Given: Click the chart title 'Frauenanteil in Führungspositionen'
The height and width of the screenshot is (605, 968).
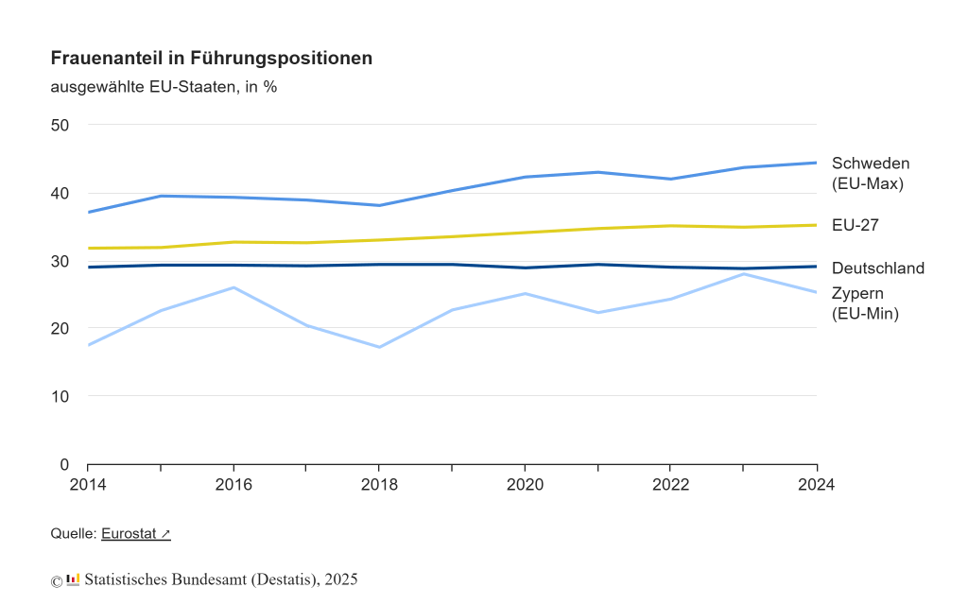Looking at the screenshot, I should coord(211,58).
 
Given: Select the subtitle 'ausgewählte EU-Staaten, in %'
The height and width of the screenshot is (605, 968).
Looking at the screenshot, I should coord(164,87).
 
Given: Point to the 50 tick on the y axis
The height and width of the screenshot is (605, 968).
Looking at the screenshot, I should coord(60,125).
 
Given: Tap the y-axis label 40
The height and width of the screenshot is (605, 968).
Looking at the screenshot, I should coord(60,193).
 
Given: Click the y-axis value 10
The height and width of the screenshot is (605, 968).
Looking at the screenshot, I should coord(60,396).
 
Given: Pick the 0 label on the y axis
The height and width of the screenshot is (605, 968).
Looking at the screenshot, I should coord(64,464).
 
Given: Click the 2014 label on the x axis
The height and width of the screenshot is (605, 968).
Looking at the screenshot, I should coord(87,485).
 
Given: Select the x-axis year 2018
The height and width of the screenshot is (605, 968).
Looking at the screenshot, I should coord(379,485).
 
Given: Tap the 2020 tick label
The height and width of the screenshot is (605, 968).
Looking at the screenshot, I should coord(525,485).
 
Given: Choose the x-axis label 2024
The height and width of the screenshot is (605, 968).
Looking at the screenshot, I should coord(817,485).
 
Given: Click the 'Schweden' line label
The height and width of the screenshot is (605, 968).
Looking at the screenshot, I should coord(870,164).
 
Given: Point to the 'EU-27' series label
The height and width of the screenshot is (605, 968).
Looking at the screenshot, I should coord(856,225).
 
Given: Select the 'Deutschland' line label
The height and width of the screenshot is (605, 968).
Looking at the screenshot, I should coord(877,268).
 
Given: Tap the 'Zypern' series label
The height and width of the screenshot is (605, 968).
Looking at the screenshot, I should coord(858,292).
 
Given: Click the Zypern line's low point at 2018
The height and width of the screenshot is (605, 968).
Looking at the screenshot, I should coord(379,347).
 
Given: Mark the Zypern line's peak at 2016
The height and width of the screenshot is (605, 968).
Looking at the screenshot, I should coord(233,287).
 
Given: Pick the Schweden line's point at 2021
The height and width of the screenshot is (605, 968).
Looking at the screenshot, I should coord(597,172).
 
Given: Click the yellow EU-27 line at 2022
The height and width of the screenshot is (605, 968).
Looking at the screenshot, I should coord(670,226).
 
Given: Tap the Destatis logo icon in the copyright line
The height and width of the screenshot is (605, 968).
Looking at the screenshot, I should coord(73,579).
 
